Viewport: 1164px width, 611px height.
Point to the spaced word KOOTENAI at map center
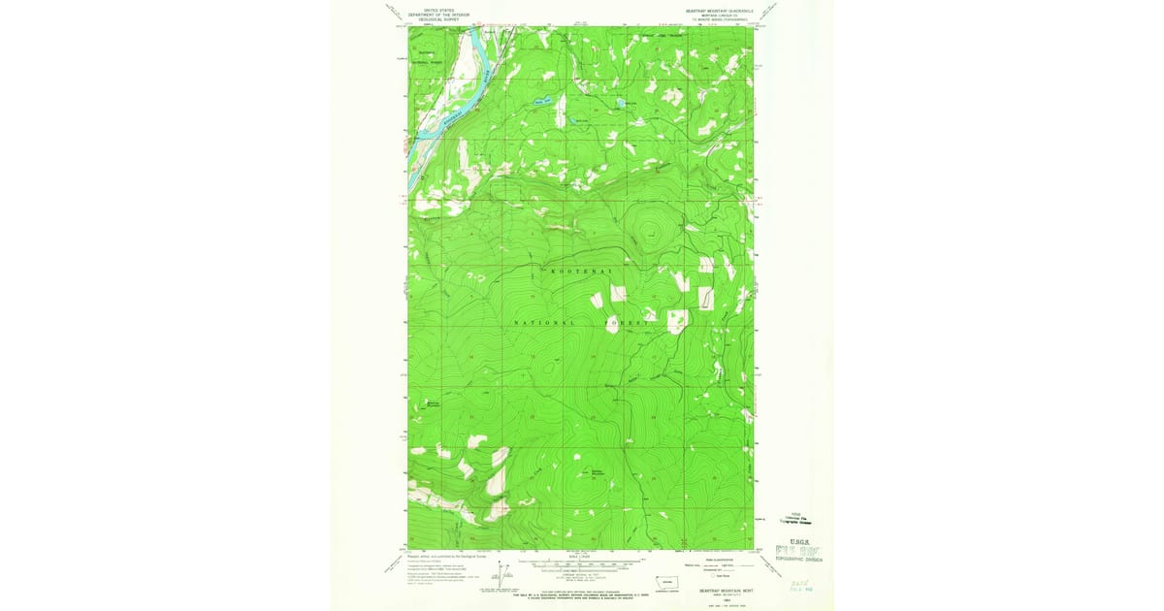point(582,274)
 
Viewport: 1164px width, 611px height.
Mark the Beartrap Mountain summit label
point(598,472)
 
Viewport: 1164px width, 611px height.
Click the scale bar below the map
point(582,563)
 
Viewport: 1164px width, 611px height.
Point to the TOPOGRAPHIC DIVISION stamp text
point(800,560)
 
